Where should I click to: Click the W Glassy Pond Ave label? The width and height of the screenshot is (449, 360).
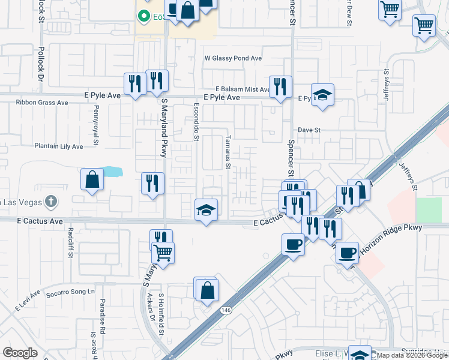[234, 59]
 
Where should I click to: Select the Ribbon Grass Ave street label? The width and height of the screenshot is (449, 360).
[42, 103]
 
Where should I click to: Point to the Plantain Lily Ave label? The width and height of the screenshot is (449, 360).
[58, 146]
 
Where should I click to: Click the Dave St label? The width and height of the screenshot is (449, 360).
[310, 130]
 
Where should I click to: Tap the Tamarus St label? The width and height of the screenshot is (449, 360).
[228, 155]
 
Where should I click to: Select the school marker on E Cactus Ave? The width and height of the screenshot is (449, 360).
[206, 210]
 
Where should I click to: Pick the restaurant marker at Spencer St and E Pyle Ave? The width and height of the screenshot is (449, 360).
[280, 87]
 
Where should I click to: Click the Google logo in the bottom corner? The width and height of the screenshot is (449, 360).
[20, 353]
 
